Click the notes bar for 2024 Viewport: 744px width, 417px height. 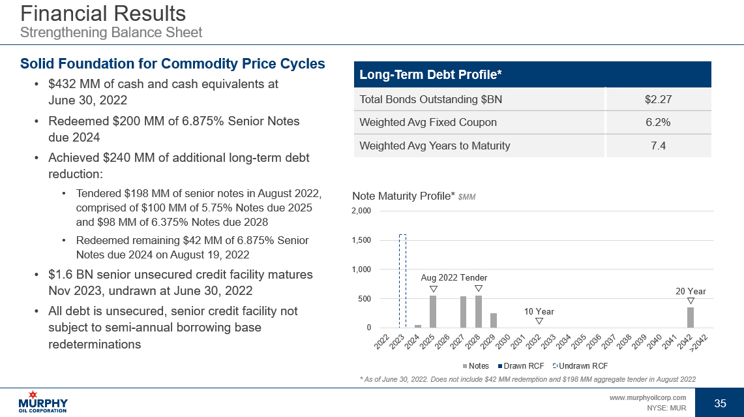point(418,326)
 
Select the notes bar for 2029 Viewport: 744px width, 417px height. point(494,320)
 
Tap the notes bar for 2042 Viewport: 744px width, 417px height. point(691,317)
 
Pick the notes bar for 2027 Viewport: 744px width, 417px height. point(464,312)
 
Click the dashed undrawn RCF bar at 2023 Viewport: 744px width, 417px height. point(402,281)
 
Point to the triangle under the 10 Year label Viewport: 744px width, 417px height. point(539,321)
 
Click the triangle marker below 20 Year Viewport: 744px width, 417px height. point(691,301)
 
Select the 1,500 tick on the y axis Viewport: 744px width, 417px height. point(361,240)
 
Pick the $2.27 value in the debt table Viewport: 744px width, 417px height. point(658,100)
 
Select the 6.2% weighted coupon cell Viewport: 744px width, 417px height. point(658,123)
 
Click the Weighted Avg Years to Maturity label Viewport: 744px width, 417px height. point(435,146)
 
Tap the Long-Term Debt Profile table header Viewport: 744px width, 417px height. point(430,75)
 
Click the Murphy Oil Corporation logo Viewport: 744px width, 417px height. point(44,401)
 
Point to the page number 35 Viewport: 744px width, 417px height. point(720,403)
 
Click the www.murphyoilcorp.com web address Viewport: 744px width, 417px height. point(647,397)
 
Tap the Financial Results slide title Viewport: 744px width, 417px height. point(103,14)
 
